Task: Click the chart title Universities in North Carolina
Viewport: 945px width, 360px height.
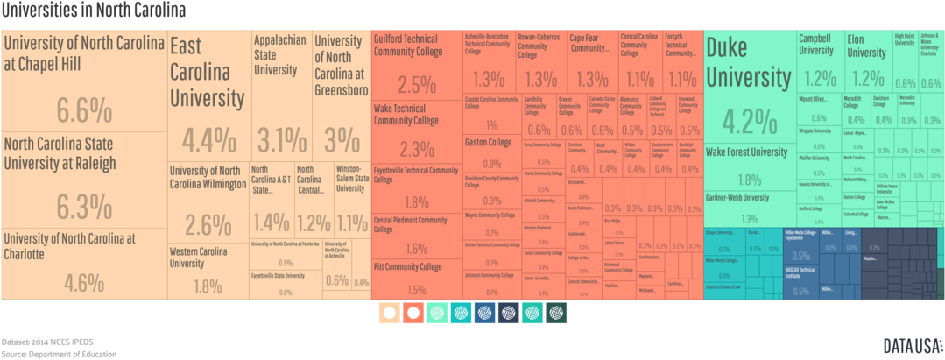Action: tap(93, 11)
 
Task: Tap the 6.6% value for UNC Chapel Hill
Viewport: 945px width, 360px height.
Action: tap(84, 110)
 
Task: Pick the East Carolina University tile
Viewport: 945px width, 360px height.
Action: tap(208, 96)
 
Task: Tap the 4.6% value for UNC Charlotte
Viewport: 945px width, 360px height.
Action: tap(84, 282)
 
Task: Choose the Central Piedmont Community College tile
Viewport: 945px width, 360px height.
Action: tap(417, 235)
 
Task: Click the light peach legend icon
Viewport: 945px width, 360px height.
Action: tap(390, 313)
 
